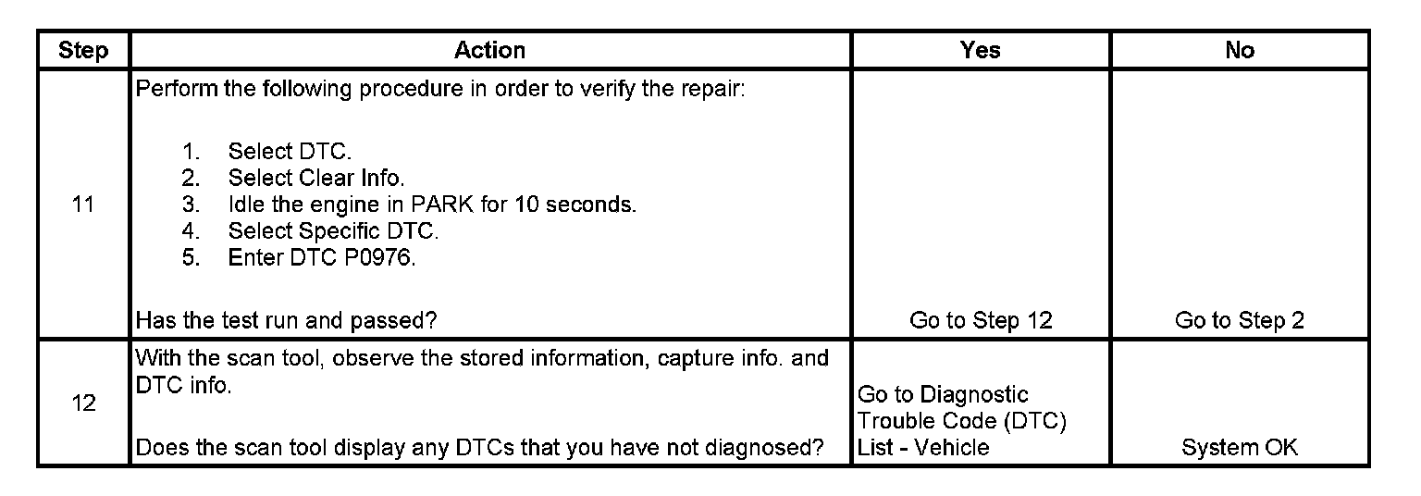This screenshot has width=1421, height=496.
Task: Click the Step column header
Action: click(x=83, y=50)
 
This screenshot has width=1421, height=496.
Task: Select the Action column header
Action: click(x=489, y=50)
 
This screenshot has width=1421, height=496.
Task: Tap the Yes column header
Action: click(x=981, y=50)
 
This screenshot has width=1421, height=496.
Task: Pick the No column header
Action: click(x=1240, y=50)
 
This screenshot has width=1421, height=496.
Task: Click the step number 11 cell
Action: click(x=83, y=205)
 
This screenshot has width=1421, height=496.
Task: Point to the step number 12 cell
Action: click(x=83, y=404)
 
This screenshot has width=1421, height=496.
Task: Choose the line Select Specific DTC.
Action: click(x=333, y=231)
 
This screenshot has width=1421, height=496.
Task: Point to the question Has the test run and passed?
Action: click(x=287, y=320)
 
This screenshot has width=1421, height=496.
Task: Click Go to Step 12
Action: click(x=981, y=320)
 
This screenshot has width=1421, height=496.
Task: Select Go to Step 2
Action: click(x=1240, y=320)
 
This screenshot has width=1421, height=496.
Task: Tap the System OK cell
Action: click(x=1240, y=448)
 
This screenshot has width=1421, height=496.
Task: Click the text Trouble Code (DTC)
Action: click(x=962, y=422)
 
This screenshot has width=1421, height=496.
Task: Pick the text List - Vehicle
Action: click(x=923, y=448)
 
